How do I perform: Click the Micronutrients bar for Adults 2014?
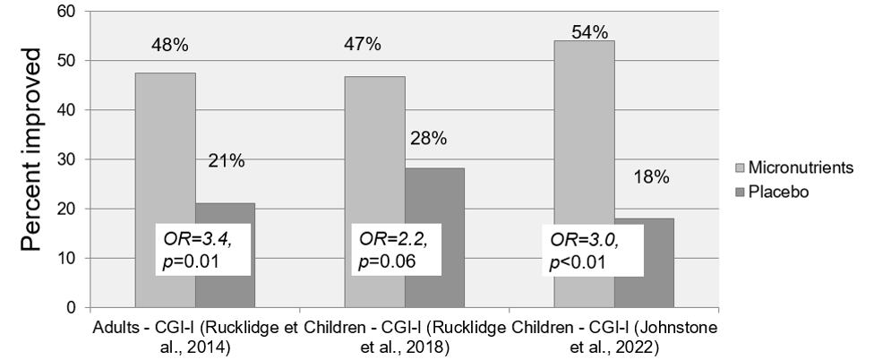click(165, 143)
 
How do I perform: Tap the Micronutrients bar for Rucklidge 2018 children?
click(374, 143)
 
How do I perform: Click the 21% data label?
click(226, 161)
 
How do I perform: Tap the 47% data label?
click(362, 43)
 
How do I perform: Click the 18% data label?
click(650, 177)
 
